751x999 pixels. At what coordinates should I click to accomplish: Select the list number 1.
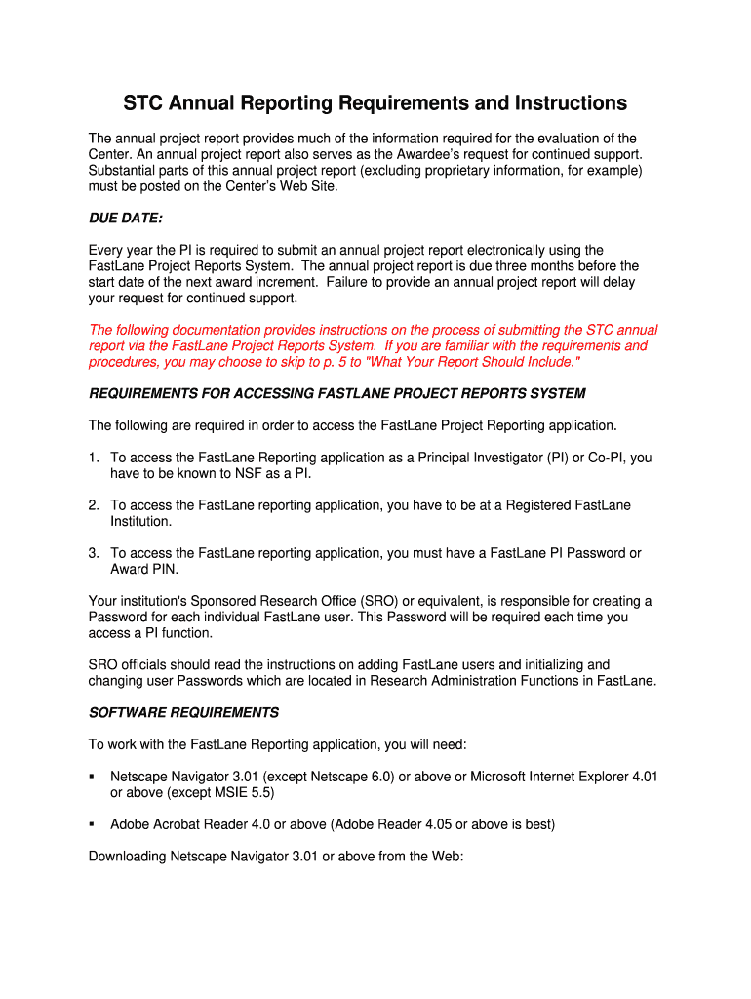click(x=94, y=458)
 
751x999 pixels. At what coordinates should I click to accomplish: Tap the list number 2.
click(x=94, y=505)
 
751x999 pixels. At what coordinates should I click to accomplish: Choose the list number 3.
click(x=94, y=553)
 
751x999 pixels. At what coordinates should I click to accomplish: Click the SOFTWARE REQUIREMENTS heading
click(x=183, y=712)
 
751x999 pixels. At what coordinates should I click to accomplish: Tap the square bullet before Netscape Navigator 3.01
click(x=92, y=777)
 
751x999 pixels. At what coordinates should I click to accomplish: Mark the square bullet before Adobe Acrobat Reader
click(x=92, y=824)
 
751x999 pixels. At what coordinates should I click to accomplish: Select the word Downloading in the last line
click(x=127, y=857)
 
